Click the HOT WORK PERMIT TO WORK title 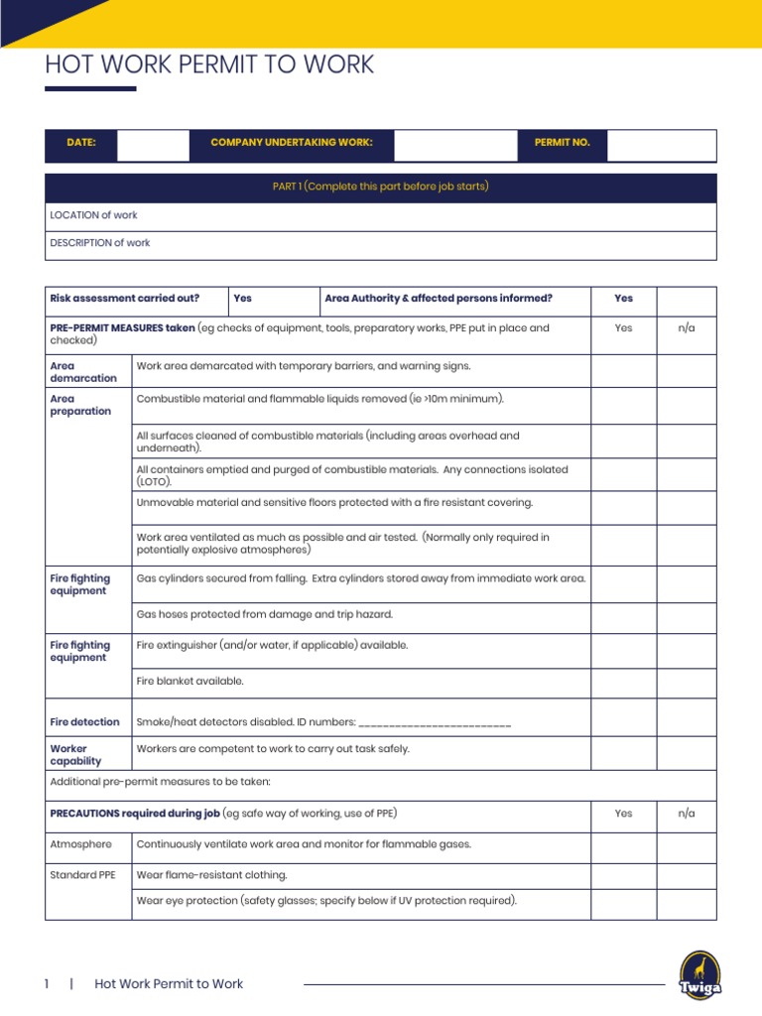(x=209, y=65)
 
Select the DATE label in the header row (x=81, y=143)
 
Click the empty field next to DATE (x=153, y=145)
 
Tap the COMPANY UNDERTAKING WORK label (x=292, y=143)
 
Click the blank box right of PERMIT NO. (x=661, y=145)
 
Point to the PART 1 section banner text (x=381, y=187)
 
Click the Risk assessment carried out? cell (x=125, y=299)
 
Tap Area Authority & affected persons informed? (x=439, y=299)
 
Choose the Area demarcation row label (x=83, y=372)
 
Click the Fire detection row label (x=84, y=722)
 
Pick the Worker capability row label (x=76, y=755)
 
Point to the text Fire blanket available (x=190, y=682)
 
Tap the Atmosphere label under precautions (x=80, y=844)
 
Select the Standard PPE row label (x=83, y=875)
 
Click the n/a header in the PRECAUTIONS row (x=687, y=814)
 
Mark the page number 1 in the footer (x=47, y=984)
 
